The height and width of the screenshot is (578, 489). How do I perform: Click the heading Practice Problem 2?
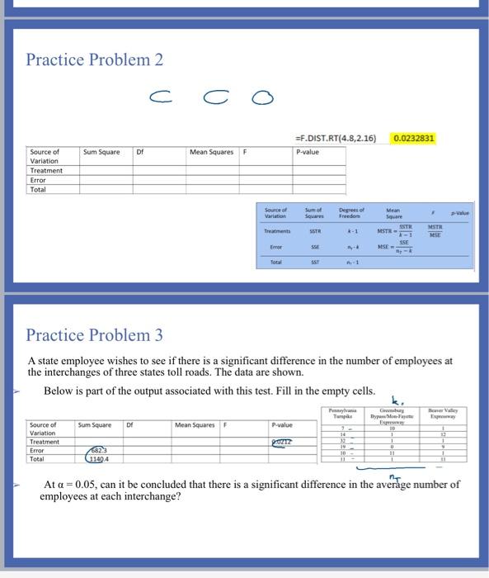(x=94, y=60)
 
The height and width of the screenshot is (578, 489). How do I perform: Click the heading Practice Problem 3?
(x=94, y=334)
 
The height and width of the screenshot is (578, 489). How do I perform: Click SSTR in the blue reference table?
(x=314, y=230)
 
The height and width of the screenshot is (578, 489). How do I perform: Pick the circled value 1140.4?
(x=100, y=459)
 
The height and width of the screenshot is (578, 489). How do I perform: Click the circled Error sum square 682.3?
(x=100, y=451)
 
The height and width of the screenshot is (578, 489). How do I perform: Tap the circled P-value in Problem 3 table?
(x=281, y=443)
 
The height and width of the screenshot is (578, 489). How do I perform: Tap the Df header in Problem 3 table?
(x=129, y=425)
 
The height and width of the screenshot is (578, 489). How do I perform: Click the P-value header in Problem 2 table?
(x=307, y=152)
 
